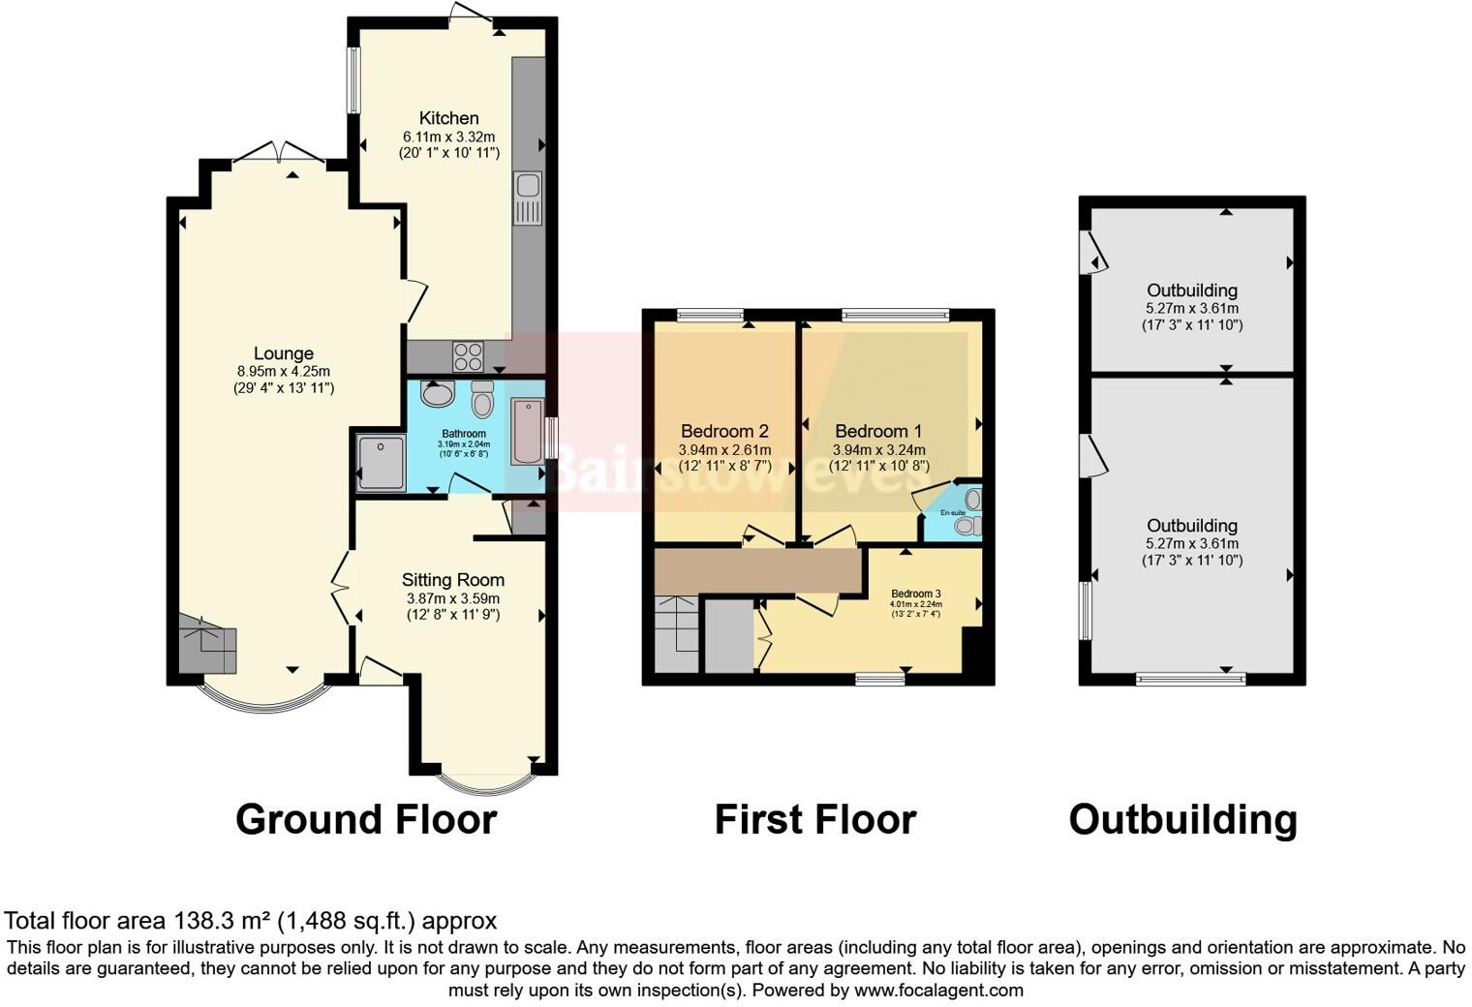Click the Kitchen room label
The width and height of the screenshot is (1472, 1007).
click(x=448, y=117)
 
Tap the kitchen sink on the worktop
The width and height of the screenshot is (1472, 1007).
click(x=528, y=198)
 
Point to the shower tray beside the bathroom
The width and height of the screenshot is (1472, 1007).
click(x=381, y=463)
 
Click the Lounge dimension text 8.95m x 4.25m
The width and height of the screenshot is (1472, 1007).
click(x=283, y=371)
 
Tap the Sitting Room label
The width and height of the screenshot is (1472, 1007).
click(x=452, y=580)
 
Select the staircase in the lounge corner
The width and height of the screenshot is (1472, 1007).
click(x=207, y=644)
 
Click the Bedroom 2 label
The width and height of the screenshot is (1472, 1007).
click(x=724, y=431)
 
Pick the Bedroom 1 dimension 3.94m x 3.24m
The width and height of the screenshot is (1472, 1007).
click(x=878, y=449)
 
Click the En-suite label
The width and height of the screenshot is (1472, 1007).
click(x=951, y=512)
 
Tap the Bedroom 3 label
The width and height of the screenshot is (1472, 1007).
click(x=915, y=594)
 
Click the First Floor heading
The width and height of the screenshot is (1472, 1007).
click(x=814, y=820)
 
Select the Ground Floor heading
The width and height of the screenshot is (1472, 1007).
click(x=366, y=820)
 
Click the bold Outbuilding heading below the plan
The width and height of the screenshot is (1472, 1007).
click(x=1182, y=820)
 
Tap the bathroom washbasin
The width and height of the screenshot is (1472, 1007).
click(x=438, y=394)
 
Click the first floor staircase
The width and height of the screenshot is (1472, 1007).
click(x=675, y=634)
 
